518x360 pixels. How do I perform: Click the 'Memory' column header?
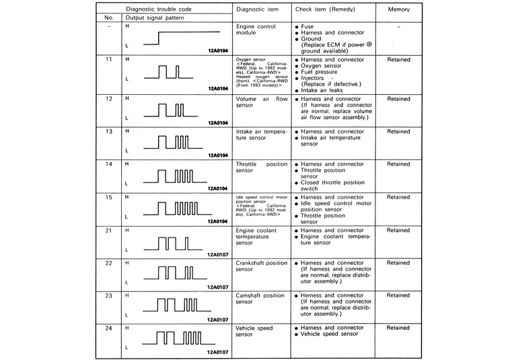(398, 10)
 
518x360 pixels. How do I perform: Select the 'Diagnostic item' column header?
(259, 10)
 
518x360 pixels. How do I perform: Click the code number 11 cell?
(109, 59)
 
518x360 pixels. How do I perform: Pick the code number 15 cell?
(109, 197)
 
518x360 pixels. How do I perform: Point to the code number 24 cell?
(109, 328)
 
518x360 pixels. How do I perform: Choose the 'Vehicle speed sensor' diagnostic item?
(254, 331)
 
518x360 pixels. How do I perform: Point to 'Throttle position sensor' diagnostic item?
(262, 168)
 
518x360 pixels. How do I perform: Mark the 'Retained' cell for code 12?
(398, 99)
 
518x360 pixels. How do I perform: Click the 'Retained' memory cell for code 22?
(398, 263)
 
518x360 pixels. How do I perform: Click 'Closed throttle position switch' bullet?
(333, 186)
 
